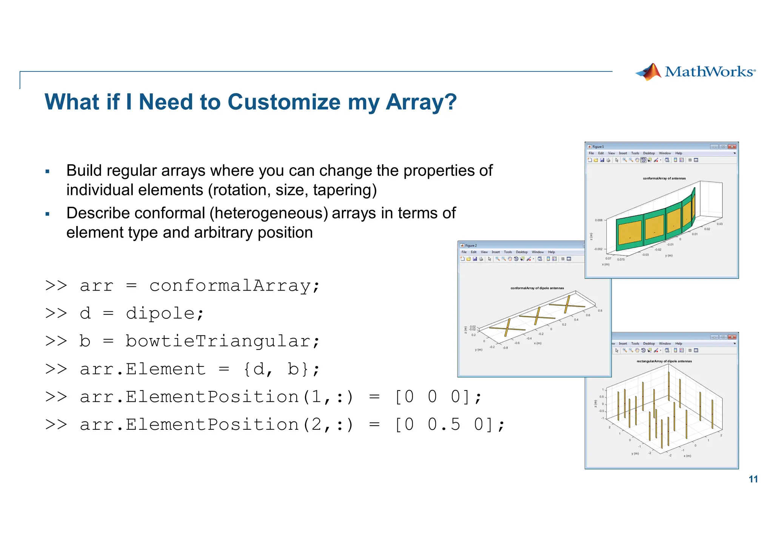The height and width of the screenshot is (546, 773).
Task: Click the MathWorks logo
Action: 695,72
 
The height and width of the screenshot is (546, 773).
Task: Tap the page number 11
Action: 753,479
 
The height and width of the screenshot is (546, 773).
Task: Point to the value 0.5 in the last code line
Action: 444,424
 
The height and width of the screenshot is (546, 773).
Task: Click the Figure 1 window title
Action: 598,147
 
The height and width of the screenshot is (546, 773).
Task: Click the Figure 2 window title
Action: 471,246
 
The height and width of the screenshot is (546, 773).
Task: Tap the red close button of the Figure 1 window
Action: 732,147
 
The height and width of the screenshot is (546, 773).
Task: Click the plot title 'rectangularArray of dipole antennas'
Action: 664,361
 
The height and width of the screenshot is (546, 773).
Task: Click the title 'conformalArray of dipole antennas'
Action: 537,288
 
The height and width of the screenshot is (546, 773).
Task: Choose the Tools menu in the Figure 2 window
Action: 508,252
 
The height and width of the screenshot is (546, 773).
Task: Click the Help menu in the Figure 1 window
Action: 679,153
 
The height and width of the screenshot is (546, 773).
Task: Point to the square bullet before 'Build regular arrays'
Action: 48,172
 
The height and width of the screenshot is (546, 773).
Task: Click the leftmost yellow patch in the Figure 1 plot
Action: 630,234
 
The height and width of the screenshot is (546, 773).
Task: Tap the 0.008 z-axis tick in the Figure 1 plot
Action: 599,220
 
